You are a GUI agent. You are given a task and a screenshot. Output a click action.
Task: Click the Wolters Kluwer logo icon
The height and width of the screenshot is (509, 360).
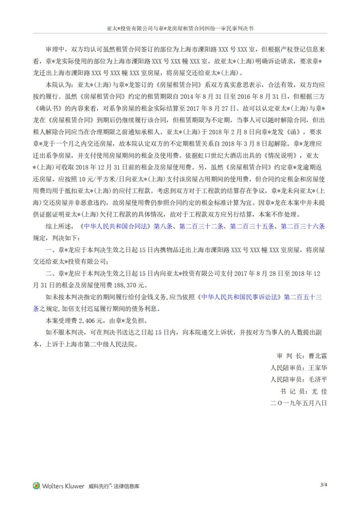[36, 485]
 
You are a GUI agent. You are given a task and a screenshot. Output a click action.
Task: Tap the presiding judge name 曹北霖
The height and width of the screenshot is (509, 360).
[316, 356]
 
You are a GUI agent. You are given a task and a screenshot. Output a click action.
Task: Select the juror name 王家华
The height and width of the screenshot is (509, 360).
[316, 368]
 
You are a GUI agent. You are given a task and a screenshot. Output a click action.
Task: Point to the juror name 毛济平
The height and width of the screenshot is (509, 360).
[316, 379]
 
